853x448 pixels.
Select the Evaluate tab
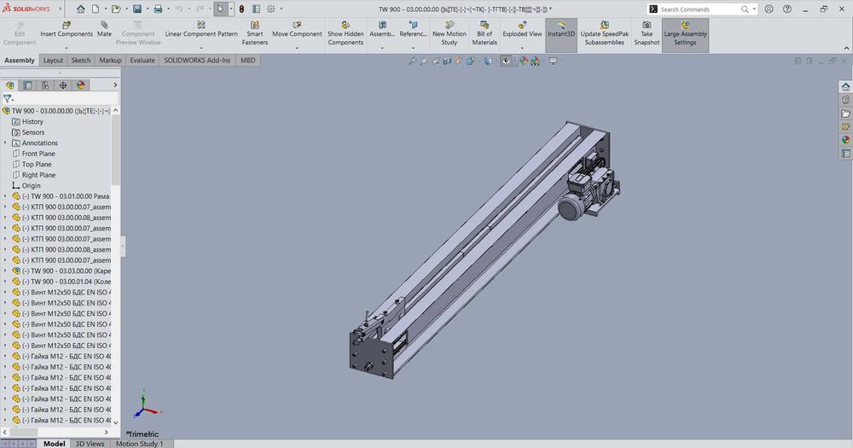pos(142,61)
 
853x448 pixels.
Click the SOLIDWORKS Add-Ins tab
pos(197,61)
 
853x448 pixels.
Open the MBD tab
pos(247,61)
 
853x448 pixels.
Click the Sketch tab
pos(81,61)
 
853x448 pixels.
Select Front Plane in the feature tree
pos(38,154)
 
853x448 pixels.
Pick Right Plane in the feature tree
pos(38,175)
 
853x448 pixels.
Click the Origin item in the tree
pos(31,185)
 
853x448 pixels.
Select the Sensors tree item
pos(33,132)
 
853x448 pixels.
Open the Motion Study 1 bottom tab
pos(140,444)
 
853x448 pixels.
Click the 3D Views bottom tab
pos(90,444)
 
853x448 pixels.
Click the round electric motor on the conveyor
pos(569,207)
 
